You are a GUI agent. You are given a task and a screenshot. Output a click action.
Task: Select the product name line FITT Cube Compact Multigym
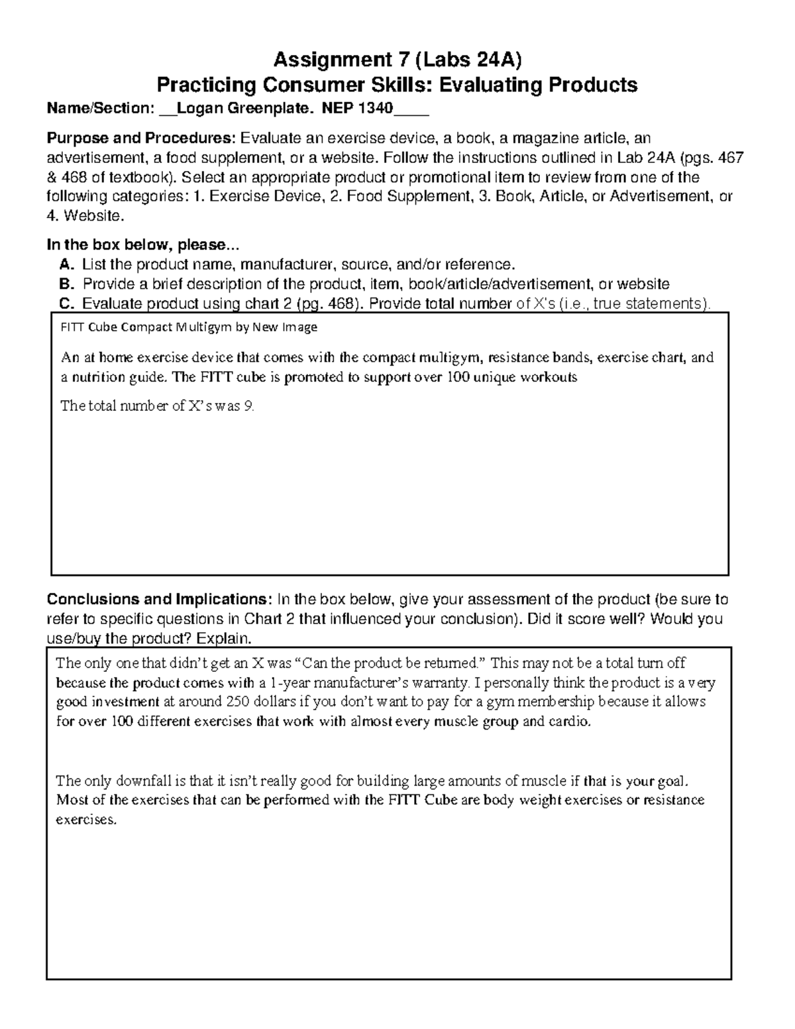[x=189, y=327]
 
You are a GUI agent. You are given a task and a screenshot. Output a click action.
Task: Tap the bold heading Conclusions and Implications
[x=159, y=600]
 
